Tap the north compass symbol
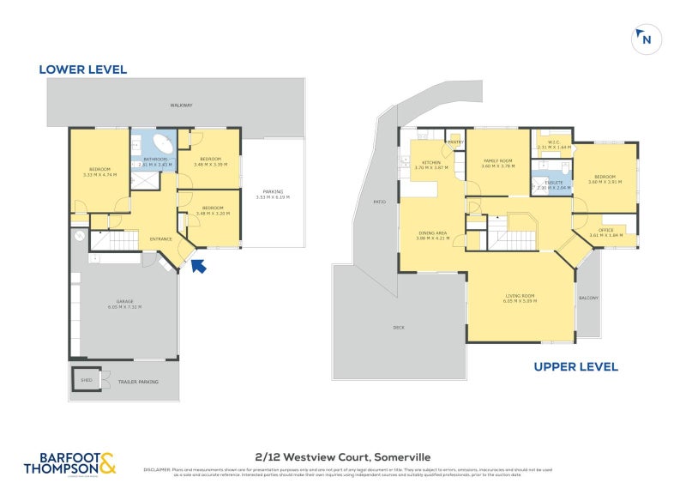click(x=645, y=39)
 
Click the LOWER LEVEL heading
click(x=82, y=69)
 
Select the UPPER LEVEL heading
click(x=575, y=366)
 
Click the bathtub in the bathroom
click(x=162, y=142)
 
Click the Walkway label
click(x=181, y=106)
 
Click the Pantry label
click(x=454, y=142)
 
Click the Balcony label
click(x=587, y=298)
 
